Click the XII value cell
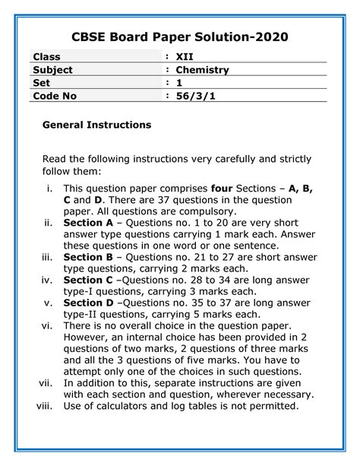click(x=185, y=57)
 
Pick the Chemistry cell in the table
click(x=203, y=70)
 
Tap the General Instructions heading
click(x=96, y=124)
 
